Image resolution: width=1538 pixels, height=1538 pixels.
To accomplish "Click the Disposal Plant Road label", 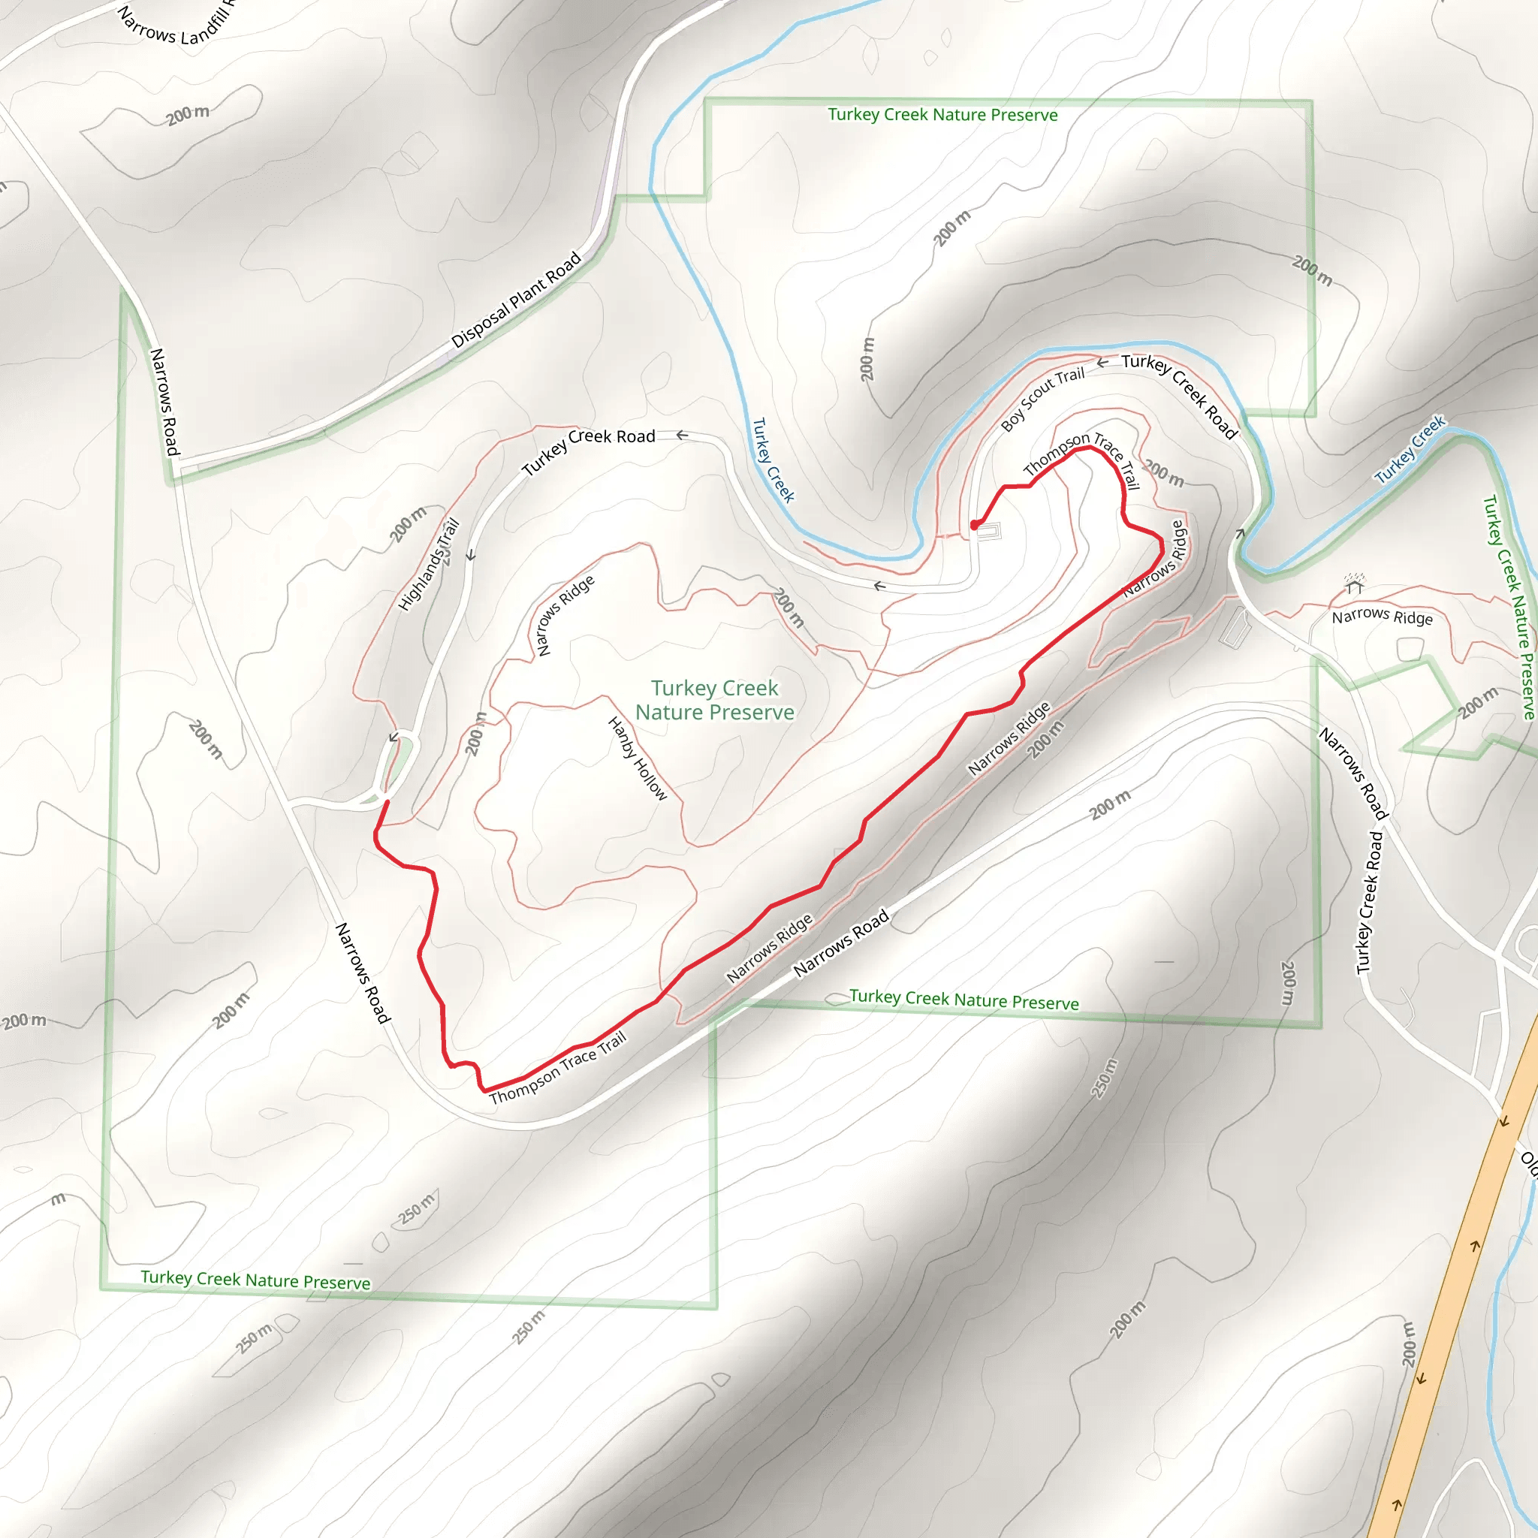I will point(516,301).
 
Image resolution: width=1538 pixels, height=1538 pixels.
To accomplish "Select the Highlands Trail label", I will point(429,565).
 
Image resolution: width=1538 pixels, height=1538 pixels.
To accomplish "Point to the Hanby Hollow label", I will point(638,758).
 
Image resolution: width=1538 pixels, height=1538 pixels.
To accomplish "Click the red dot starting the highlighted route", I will point(974,526).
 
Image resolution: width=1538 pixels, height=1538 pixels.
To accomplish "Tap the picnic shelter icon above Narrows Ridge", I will point(1354,585).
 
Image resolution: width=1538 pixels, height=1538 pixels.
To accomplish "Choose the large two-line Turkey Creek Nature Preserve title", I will point(714,700).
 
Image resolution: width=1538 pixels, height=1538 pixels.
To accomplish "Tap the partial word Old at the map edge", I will point(1528,1163).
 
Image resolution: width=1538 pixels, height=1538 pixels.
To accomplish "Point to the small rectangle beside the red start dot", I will point(989,531).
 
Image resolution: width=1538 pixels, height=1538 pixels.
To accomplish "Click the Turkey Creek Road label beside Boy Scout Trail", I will point(1180,396).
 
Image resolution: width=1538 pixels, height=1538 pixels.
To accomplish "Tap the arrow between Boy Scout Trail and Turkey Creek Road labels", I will point(1102,363).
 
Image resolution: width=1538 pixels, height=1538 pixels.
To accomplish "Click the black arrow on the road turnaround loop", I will point(394,738).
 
